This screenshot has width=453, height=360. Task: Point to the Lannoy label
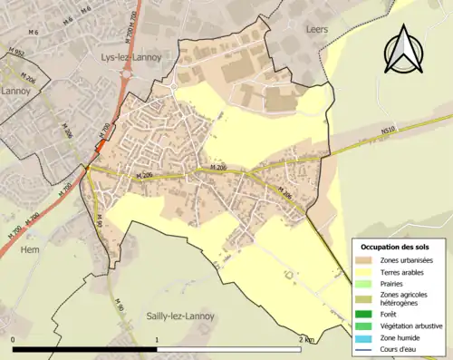(x=16, y=92)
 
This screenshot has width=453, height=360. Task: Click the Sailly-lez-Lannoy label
(x=179, y=316)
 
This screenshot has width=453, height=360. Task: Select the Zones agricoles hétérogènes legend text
(x=405, y=298)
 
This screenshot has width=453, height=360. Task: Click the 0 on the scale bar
(x=13, y=340)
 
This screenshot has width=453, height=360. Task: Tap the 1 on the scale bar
(x=158, y=340)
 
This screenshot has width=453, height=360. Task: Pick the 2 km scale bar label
(x=306, y=340)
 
